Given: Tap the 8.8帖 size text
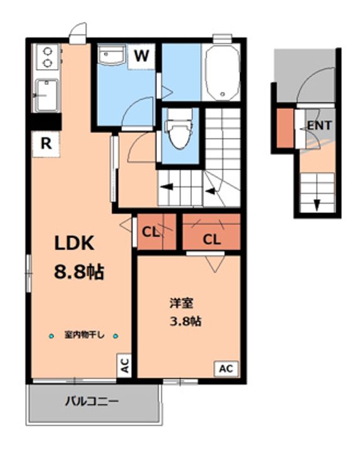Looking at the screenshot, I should [x=78, y=272].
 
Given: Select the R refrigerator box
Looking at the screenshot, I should [x=46, y=143].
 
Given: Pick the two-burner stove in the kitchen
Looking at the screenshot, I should [x=47, y=56].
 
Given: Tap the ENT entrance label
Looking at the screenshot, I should [x=319, y=126].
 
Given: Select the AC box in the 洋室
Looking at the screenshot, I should [x=225, y=369].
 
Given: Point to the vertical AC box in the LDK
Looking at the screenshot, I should [x=124, y=367].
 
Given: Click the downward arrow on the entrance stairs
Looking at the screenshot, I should [x=317, y=205].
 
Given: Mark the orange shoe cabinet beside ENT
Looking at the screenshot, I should [x=285, y=129].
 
